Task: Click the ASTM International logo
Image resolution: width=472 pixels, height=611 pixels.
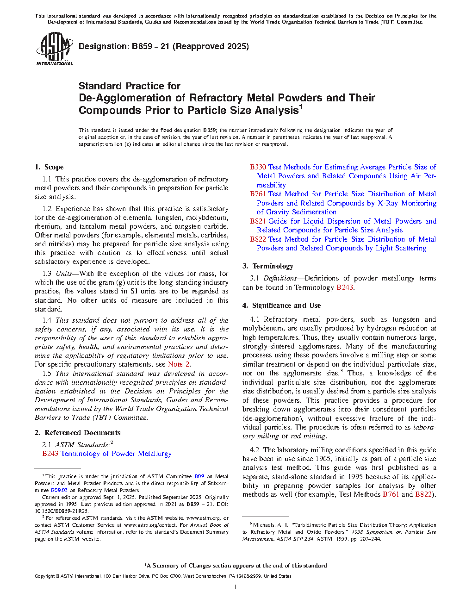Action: (54, 49)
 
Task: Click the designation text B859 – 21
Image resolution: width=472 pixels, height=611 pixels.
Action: (150, 46)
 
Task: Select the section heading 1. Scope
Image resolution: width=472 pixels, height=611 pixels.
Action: (49, 167)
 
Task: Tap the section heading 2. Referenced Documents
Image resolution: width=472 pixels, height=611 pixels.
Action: (77, 433)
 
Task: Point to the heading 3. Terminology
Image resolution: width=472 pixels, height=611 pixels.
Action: (267, 266)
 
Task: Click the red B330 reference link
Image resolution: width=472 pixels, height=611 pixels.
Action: (258, 167)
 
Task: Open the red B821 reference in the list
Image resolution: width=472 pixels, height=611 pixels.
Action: (258, 221)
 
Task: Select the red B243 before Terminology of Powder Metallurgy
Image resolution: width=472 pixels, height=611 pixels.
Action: (50, 454)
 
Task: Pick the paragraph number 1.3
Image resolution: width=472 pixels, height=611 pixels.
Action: (47, 274)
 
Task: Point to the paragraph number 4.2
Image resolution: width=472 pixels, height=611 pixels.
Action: (254, 450)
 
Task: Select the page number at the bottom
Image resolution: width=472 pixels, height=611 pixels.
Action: (236, 587)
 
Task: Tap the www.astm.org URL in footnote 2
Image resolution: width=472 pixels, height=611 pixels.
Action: (203, 518)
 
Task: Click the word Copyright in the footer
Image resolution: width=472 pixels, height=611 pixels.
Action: (44, 576)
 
